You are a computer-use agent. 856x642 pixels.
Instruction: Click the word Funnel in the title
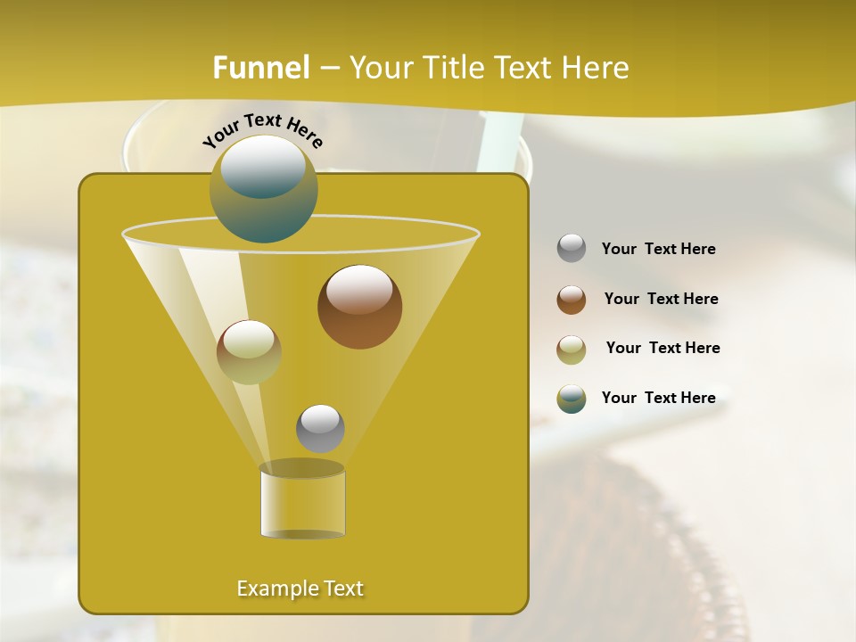(x=260, y=68)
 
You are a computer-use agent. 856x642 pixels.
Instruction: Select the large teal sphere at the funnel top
(x=263, y=189)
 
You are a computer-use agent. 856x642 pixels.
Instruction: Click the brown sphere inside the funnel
(x=359, y=307)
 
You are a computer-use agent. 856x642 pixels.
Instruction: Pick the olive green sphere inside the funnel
(x=249, y=351)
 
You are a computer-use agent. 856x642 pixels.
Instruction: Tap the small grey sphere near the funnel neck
(x=320, y=428)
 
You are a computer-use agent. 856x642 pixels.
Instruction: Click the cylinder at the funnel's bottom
(x=302, y=504)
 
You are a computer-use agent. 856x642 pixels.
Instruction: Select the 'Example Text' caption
(x=300, y=588)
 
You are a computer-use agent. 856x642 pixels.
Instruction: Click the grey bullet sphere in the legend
(x=572, y=248)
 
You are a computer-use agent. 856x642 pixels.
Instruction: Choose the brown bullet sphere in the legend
(x=572, y=299)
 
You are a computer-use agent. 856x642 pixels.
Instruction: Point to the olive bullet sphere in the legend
(x=572, y=349)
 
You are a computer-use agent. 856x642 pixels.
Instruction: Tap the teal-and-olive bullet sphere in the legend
(x=572, y=399)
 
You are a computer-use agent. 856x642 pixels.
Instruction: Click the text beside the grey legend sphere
(x=658, y=249)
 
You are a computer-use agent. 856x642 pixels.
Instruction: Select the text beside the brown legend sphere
(x=661, y=299)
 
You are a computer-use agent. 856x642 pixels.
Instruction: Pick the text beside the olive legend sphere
(x=663, y=348)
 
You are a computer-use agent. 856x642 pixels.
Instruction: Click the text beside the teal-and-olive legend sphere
(x=658, y=398)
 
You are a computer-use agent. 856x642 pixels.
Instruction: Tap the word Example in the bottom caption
(x=276, y=588)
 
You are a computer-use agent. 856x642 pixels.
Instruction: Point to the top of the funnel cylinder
(x=302, y=468)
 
